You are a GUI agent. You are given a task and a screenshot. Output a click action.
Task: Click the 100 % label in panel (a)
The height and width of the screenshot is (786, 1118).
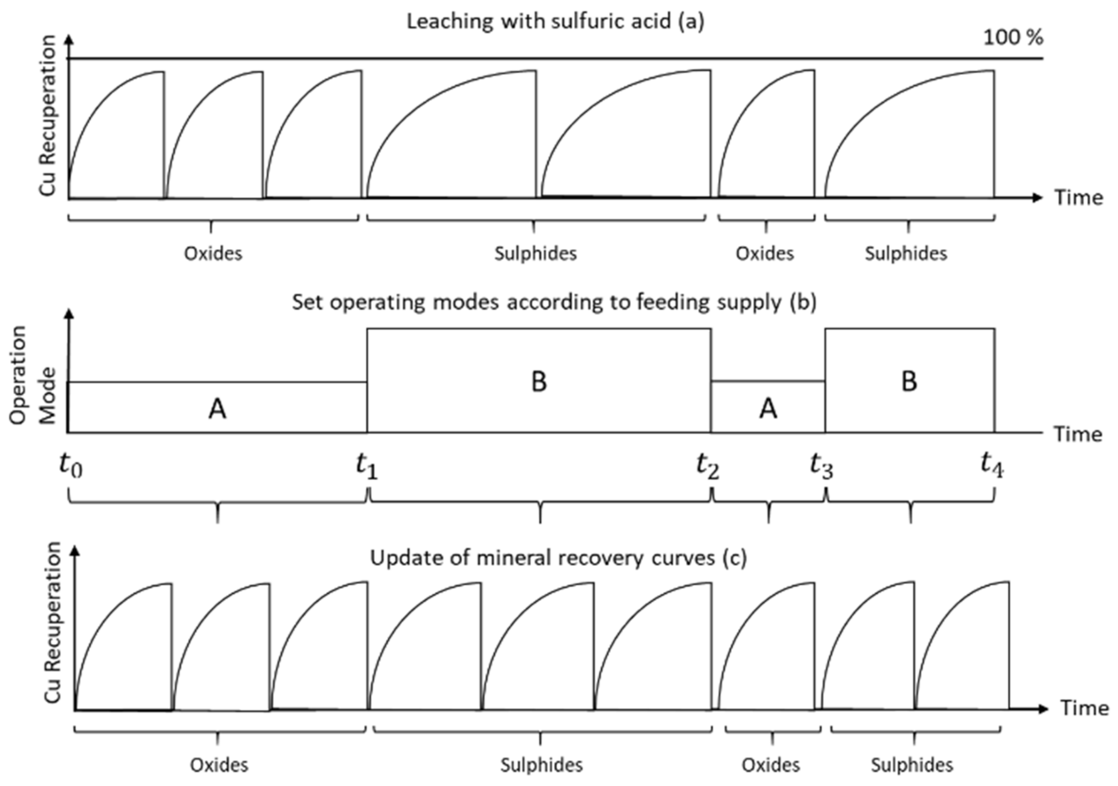[x=1013, y=38]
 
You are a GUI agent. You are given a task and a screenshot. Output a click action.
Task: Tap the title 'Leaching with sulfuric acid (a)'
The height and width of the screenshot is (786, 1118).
[x=555, y=22]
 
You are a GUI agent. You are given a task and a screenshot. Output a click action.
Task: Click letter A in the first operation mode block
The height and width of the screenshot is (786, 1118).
[x=217, y=409]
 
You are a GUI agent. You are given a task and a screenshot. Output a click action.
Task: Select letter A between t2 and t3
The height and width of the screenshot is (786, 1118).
[x=768, y=408]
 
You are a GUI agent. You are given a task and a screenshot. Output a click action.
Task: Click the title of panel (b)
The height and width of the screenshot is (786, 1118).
[x=554, y=302]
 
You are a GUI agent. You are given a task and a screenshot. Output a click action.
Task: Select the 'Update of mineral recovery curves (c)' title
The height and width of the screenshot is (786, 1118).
[x=558, y=558]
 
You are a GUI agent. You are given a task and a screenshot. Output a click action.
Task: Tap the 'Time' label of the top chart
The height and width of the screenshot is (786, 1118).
[x=1078, y=198]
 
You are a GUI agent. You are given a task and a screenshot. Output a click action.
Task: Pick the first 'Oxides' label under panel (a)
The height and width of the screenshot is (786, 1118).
[x=213, y=254]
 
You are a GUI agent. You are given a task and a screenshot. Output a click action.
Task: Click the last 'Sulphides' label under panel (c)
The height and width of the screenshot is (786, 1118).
[x=911, y=765]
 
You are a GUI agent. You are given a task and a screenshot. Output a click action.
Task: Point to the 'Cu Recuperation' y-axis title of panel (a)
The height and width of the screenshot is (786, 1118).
[x=47, y=116]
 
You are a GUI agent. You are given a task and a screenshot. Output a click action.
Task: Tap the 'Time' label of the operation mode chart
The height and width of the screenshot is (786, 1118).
[x=1078, y=434]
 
